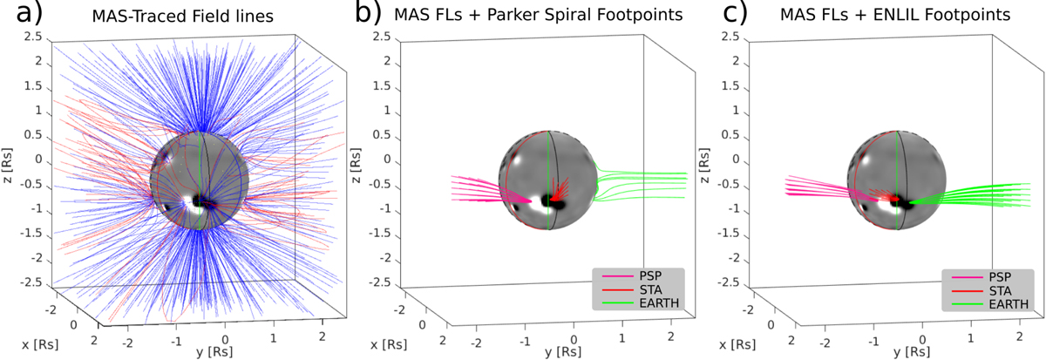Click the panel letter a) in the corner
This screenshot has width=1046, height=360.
pyautogui.click(x=18, y=16)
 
